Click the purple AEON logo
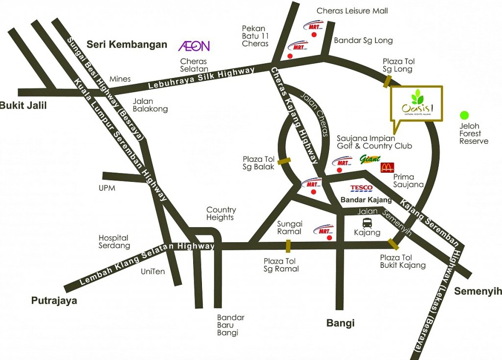[194, 46]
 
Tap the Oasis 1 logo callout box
[416, 103]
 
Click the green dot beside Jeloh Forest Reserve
[464, 115]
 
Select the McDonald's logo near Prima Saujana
[387, 168]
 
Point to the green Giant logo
[370, 159]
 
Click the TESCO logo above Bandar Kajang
[362, 188]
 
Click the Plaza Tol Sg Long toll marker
[387, 80]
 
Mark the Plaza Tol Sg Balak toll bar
[284, 160]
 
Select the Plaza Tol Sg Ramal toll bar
[288, 246]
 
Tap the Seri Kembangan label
[127, 45]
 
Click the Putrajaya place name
[54, 301]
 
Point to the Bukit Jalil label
[23, 105]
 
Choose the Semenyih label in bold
[477, 291]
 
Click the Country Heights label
[221, 213]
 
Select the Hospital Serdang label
[114, 241]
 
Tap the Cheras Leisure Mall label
[352, 11]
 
